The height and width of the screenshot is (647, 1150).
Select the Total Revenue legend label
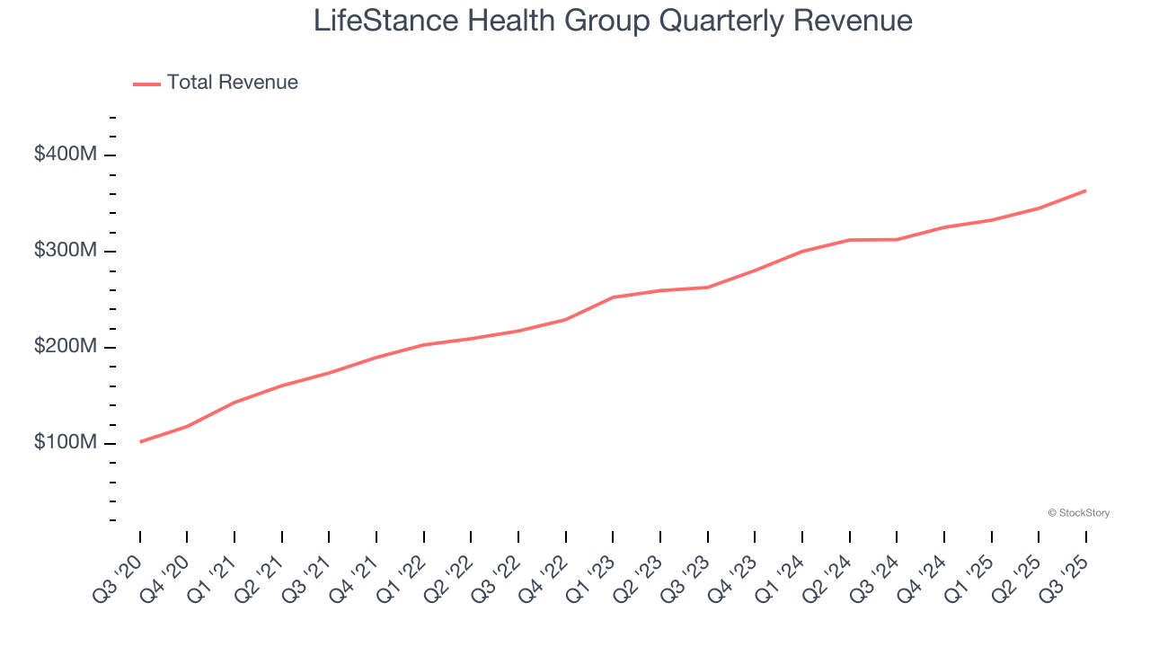pyautogui.click(x=232, y=83)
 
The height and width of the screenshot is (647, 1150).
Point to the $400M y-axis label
pyautogui.click(x=65, y=155)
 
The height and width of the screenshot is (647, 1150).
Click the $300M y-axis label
pyautogui.click(x=65, y=251)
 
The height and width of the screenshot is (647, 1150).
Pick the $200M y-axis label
pyautogui.click(x=65, y=347)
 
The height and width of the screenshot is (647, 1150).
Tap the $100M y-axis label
pyautogui.click(x=65, y=443)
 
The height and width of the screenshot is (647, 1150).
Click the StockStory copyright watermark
pyautogui.click(x=1078, y=513)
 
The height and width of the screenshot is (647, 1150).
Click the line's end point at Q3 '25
pyautogui.click(x=1085, y=191)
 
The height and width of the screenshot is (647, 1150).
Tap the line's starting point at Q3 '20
pyautogui.click(x=140, y=442)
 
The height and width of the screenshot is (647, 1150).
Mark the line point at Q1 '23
pyautogui.click(x=613, y=297)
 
